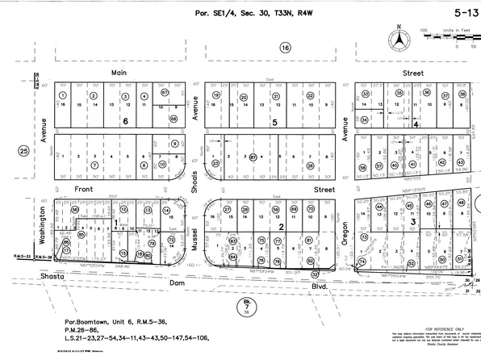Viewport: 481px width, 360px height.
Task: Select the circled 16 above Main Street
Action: pos(284,49)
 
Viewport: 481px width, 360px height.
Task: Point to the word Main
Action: pos(120,73)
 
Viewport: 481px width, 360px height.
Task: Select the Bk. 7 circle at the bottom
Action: pos(245,306)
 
